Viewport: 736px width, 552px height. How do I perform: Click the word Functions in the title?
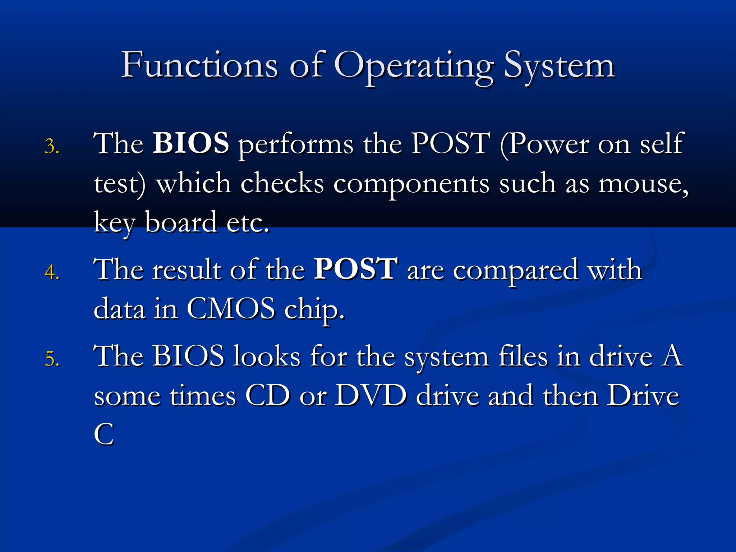(199, 65)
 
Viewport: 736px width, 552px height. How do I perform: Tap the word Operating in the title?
(413, 67)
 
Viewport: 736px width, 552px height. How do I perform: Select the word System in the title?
(559, 67)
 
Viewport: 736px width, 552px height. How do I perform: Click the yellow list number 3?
(52, 147)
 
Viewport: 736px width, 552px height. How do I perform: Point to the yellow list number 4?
(52, 272)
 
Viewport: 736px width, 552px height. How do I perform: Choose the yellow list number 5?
(52, 359)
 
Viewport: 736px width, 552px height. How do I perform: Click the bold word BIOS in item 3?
(191, 143)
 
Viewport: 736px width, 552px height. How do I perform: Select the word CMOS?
(231, 309)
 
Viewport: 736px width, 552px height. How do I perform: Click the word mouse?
(643, 184)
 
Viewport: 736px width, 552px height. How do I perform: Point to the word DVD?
(371, 396)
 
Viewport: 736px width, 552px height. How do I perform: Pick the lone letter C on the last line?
(104, 434)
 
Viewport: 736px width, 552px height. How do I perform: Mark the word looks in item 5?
(266, 356)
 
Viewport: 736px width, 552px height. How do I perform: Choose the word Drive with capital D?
(643, 396)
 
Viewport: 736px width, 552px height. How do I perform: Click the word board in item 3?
(181, 222)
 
